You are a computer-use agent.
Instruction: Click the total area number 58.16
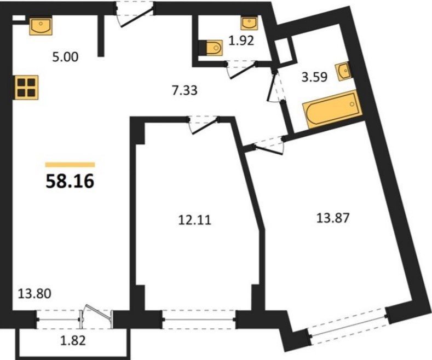[x=70, y=182]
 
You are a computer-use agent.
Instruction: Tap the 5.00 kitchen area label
[x=65, y=57]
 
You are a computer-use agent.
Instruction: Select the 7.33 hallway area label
[x=185, y=90]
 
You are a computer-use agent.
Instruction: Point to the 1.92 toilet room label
[x=241, y=40]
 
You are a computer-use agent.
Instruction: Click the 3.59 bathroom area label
[x=315, y=77]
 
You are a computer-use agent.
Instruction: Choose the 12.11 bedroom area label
[x=195, y=220]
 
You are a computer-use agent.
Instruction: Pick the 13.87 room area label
[x=333, y=218]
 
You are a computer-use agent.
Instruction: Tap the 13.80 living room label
[x=34, y=294]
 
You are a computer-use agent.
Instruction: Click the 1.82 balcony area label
[x=73, y=341]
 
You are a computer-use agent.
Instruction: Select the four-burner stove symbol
[x=26, y=87]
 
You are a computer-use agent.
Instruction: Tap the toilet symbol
[x=211, y=48]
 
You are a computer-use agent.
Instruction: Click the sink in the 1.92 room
[x=249, y=22]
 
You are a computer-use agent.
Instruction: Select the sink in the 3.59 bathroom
[x=342, y=72]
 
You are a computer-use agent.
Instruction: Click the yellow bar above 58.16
[x=70, y=165]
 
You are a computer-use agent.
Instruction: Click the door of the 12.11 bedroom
[x=204, y=125]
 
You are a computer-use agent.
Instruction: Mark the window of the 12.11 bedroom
[x=199, y=320]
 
